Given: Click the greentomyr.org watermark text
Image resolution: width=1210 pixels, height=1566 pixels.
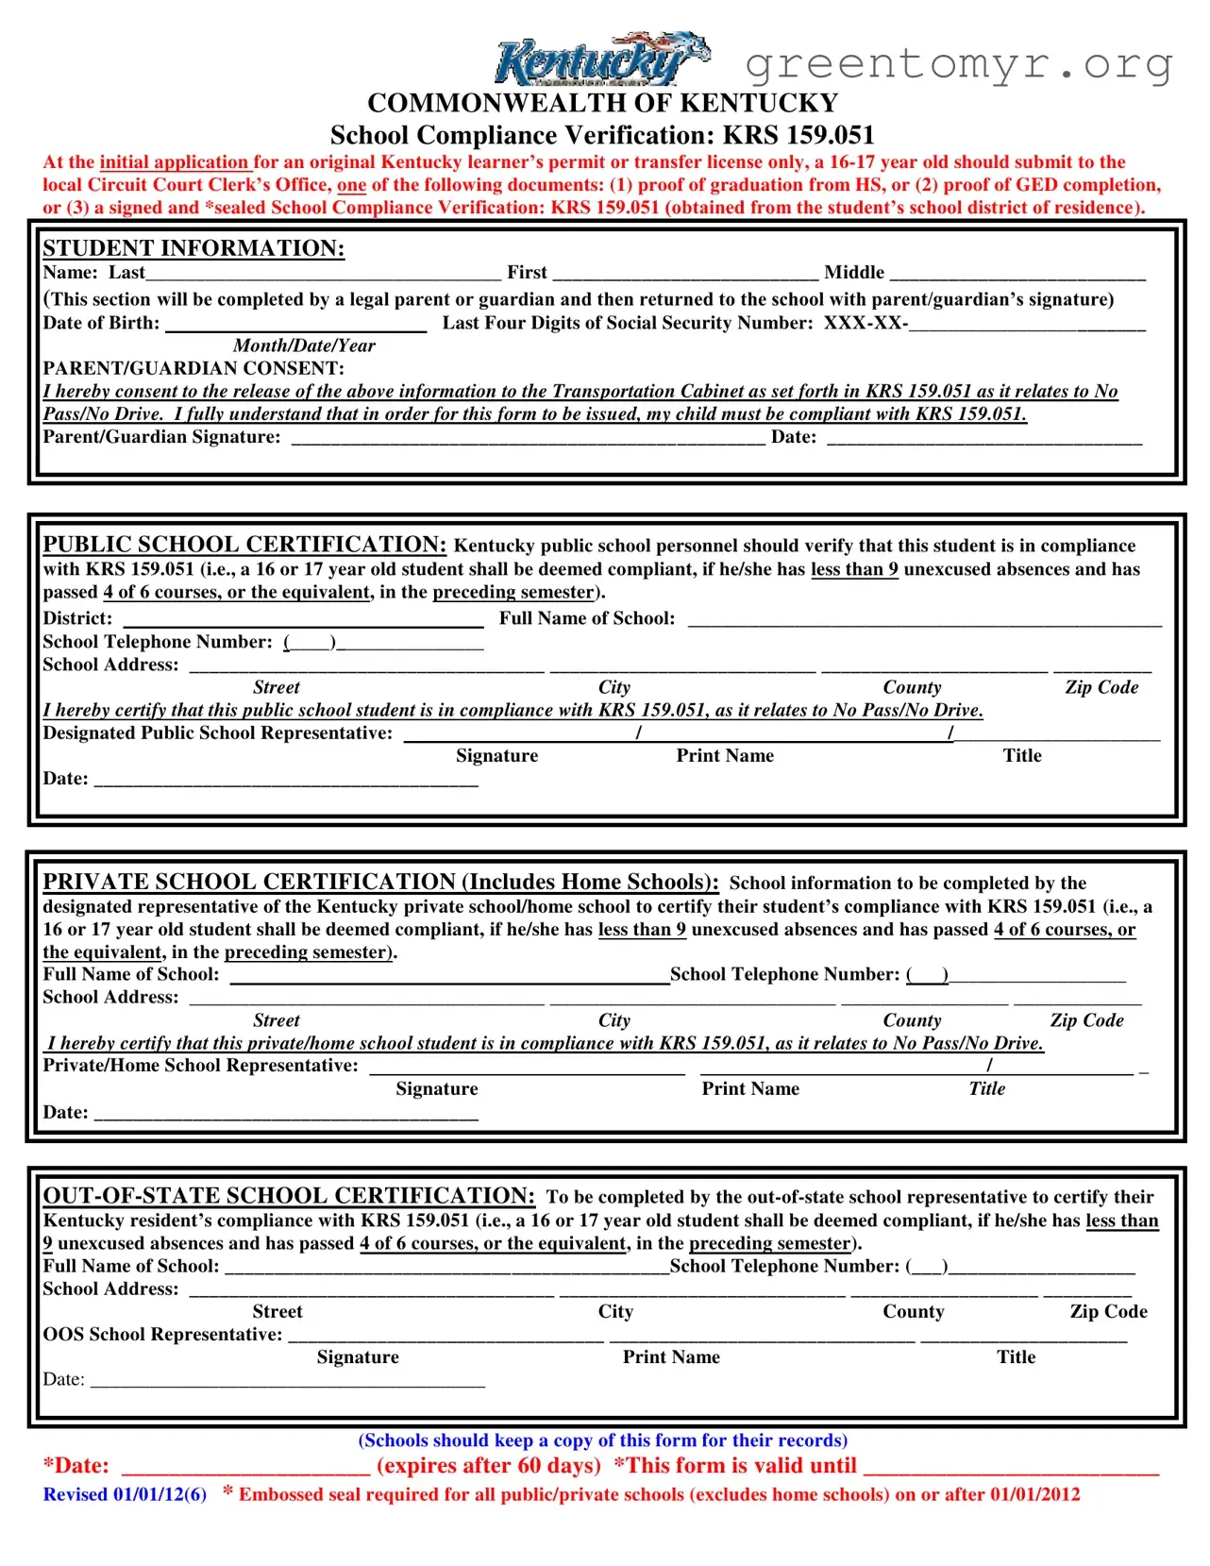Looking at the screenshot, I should point(958,63).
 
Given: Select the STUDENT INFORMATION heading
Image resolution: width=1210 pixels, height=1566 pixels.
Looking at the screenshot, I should point(193,248).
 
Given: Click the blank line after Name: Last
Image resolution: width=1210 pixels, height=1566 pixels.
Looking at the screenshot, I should point(324,274).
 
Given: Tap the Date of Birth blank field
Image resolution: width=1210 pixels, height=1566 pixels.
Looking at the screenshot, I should point(295,324).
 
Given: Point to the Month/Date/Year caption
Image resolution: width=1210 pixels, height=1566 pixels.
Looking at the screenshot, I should point(304,345).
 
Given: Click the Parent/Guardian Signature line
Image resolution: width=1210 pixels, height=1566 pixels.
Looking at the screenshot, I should point(528,437).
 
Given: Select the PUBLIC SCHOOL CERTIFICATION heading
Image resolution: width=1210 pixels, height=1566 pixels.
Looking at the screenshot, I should point(244,545).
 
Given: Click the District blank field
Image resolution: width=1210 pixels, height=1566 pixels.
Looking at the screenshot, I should point(303,619).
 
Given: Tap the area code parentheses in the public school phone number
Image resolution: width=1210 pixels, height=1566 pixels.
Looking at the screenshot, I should point(310,643).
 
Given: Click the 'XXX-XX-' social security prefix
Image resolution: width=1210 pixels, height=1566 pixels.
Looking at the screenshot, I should point(865,323).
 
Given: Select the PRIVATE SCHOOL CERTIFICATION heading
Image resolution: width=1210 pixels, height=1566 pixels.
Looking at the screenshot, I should point(380,882).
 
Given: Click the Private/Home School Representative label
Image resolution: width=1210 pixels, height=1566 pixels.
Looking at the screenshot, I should point(200,1066).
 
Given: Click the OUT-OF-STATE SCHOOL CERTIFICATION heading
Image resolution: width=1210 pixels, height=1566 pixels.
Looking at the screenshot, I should point(289,1196).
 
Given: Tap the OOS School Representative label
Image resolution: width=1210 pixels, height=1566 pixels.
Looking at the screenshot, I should point(162,1335).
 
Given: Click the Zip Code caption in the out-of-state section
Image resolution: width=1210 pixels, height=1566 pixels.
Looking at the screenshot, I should point(1108,1312).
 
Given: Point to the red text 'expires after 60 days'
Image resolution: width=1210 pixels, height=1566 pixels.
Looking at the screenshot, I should point(489,1466).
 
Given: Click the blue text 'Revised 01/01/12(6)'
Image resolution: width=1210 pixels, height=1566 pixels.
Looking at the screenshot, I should point(125,1494).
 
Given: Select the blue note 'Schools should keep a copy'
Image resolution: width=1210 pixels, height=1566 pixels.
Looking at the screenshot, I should point(602,1440).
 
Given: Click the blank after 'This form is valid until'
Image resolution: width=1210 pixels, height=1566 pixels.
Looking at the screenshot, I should point(1010,1467).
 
